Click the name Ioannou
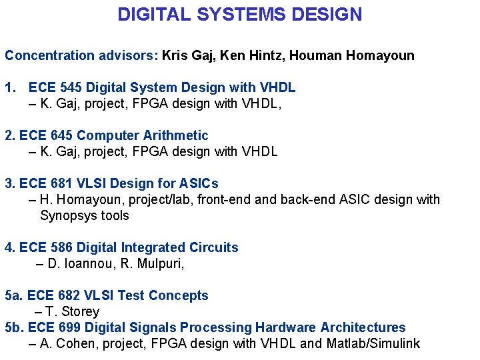tap(90, 263)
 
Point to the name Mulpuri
tap(157, 263)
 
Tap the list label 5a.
tap(12, 295)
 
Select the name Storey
tap(80, 311)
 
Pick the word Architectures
tap(363, 327)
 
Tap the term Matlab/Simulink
tap(373, 343)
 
